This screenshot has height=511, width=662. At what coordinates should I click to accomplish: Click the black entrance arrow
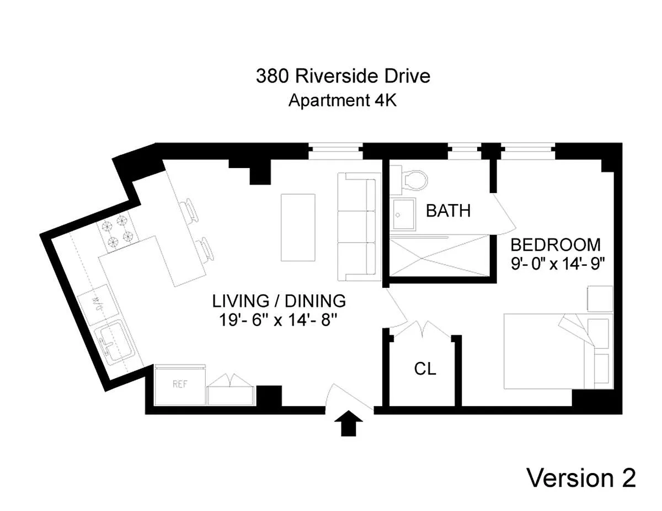click(x=348, y=423)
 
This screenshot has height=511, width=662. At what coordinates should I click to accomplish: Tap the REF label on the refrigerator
click(x=180, y=384)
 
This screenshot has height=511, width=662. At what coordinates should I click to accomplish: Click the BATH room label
click(x=448, y=211)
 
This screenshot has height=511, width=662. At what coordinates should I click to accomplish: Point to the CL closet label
click(x=425, y=369)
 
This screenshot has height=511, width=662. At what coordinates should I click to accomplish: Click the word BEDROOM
click(x=556, y=245)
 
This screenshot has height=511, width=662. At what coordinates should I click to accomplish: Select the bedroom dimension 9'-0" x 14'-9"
click(x=557, y=263)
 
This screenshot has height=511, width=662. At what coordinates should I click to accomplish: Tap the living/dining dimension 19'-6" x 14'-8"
click(x=278, y=320)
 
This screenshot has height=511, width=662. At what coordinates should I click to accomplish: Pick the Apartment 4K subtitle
click(x=343, y=100)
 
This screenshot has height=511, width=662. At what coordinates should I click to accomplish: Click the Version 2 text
click(x=581, y=478)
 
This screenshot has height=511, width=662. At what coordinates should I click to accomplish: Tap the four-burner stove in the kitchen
click(x=118, y=232)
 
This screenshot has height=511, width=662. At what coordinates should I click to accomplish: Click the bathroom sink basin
click(x=403, y=214)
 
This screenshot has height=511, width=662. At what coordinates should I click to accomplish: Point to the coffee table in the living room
click(x=298, y=227)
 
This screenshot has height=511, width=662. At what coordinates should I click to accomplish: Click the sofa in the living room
click(x=359, y=227)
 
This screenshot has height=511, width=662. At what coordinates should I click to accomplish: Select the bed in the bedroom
click(x=558, y=351)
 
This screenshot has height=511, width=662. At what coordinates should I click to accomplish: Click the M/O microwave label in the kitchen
click(x=97, y=305)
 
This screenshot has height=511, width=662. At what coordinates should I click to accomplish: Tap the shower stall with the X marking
click(x=439, y=258)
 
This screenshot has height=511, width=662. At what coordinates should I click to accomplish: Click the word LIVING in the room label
click(x=241, y=301)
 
